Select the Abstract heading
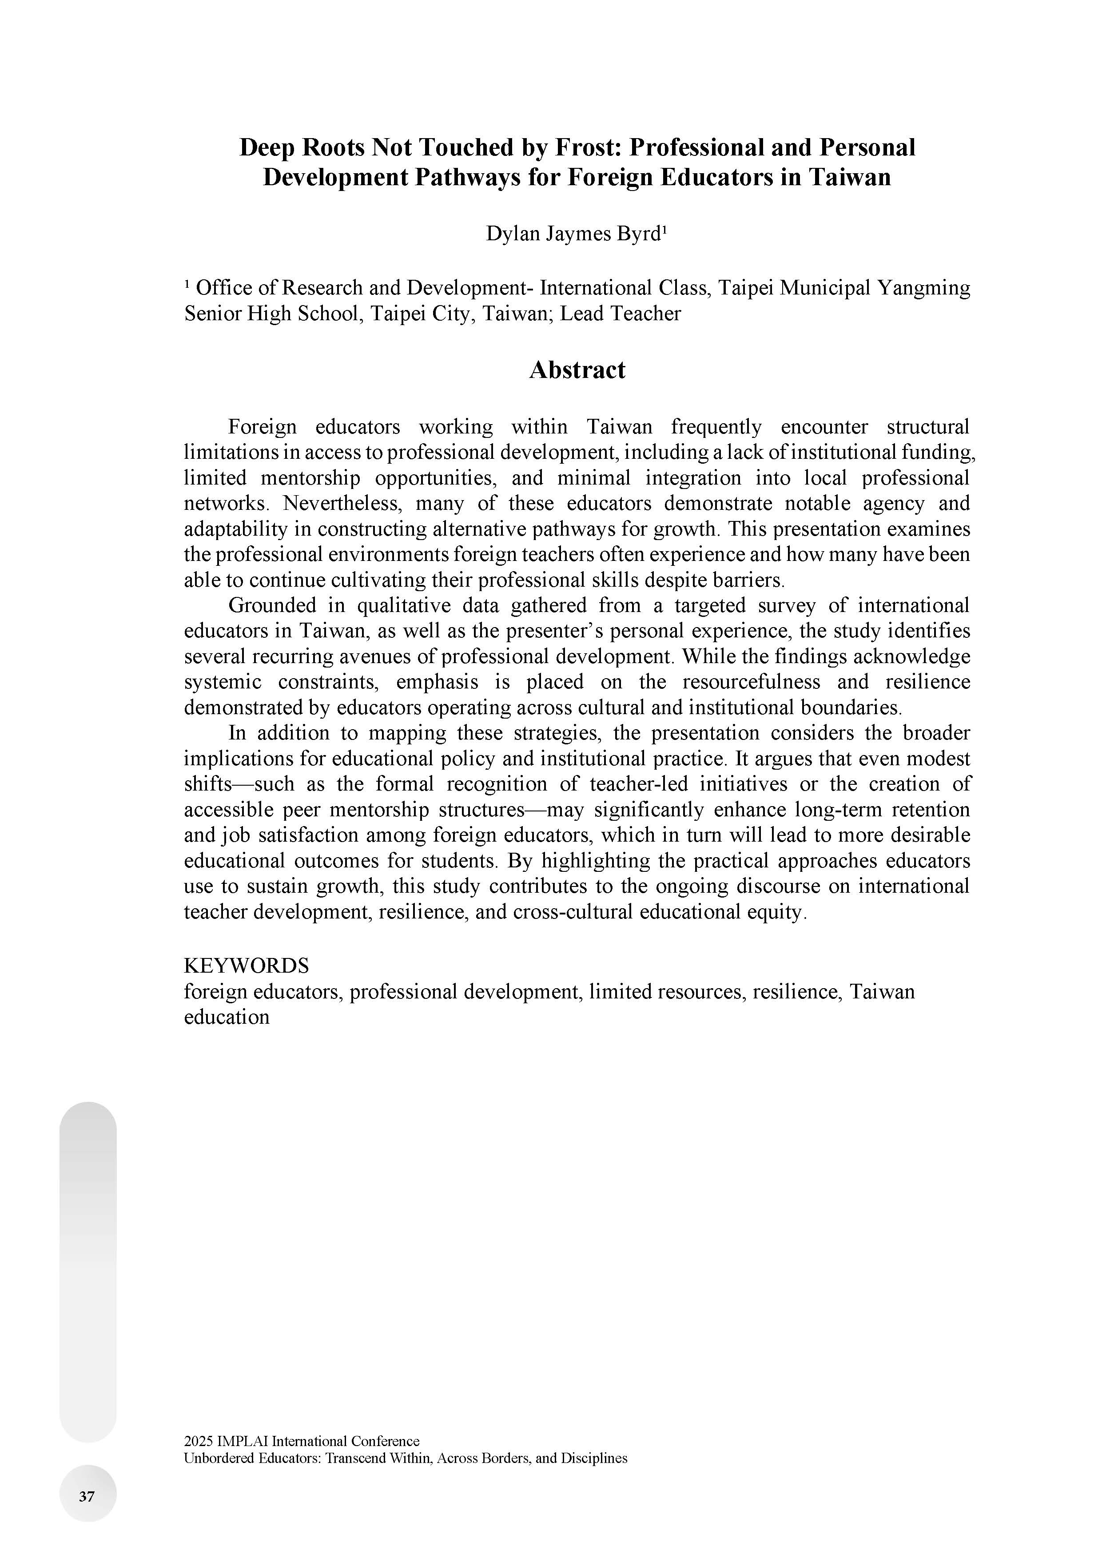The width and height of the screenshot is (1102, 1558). (x=577, y=370)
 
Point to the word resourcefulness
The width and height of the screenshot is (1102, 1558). (x=751, y=682)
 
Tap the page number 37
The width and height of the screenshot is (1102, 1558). (x=87, y=1496)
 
